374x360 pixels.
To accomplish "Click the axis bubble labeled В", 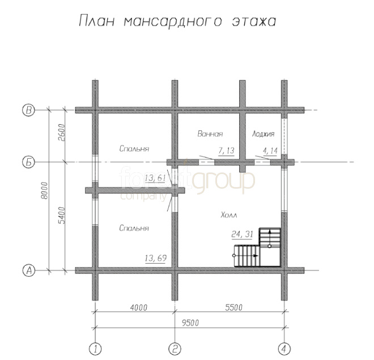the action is pos(28,110).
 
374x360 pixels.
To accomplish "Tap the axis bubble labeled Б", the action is pos(28,163).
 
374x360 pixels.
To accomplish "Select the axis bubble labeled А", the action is pos(28,270).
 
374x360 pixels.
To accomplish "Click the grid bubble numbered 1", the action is pos(95,349).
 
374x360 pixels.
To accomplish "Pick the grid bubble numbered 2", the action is pos(175,349).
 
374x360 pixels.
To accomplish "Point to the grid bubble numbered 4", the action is pos(284,349).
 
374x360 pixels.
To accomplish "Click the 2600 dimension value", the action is pos(61,133).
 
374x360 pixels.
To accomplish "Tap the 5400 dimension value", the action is pos(61,215).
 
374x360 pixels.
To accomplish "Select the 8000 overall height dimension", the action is pos(44,190).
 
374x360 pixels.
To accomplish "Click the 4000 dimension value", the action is pos(139,307).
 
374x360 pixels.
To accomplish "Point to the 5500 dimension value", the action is pos(233,307).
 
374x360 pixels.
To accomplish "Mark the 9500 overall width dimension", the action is pos(190,323).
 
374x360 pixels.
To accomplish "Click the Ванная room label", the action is pos(210,134).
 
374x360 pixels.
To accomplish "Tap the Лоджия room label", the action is pos(263,134).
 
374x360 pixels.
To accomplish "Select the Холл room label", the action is pos(229,215).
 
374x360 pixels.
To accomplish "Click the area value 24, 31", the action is pos(242,234).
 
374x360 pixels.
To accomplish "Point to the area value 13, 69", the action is pos(155,258).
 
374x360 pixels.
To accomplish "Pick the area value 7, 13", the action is pos(226,151).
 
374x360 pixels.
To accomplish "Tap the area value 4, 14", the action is pos(270,151).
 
